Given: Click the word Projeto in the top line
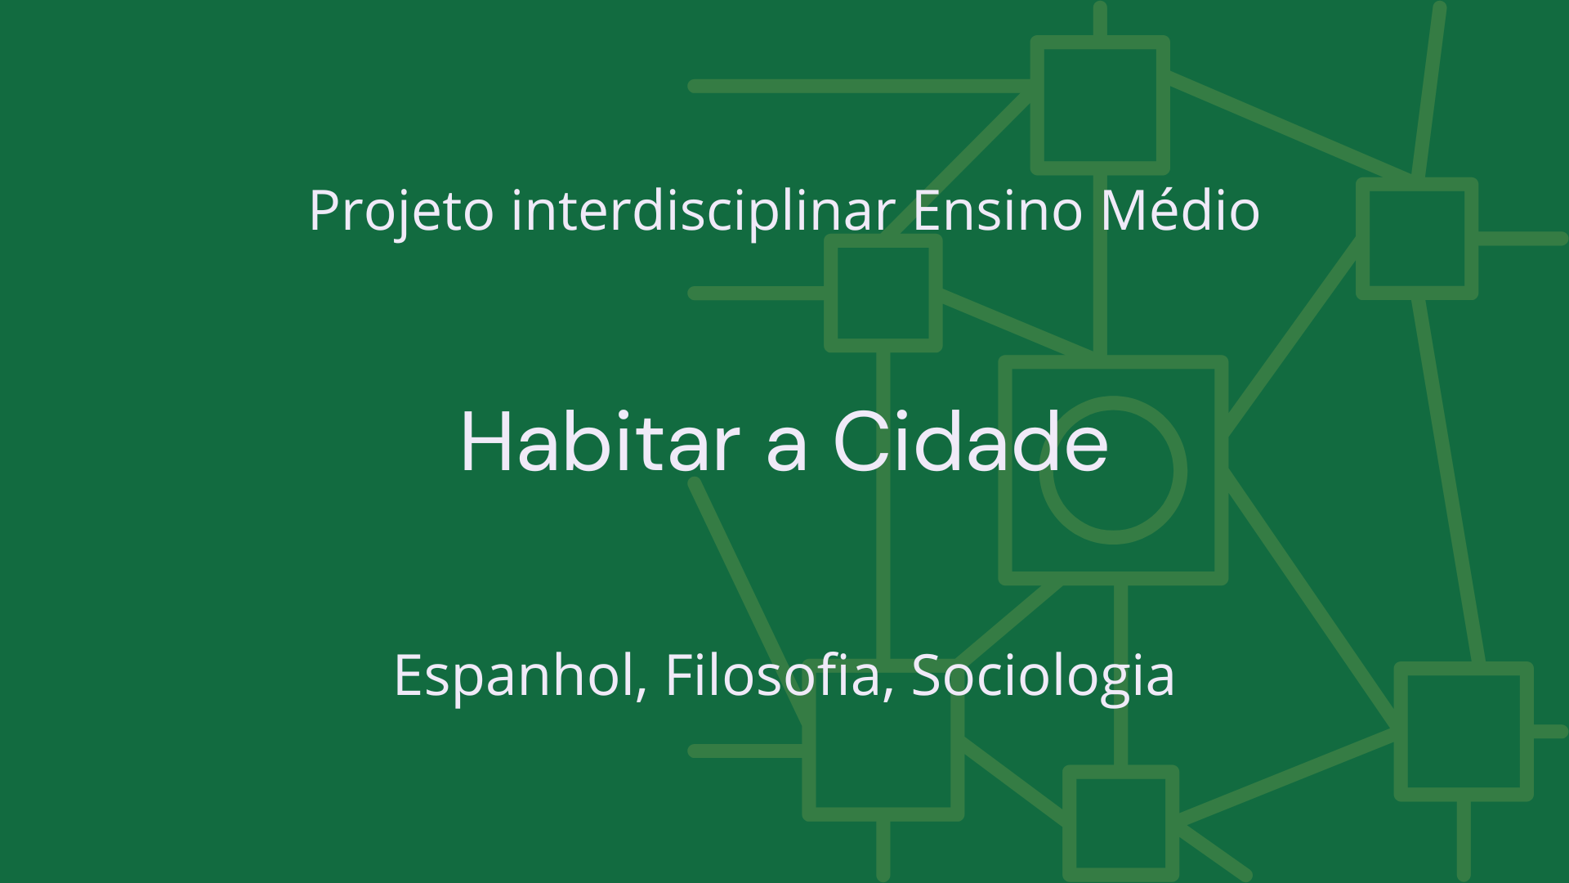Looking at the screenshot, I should [400, 211].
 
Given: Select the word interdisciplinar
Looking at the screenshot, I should [703, 211].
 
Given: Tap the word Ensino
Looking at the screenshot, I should [997, 211].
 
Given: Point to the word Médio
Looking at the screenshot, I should [1180, 211].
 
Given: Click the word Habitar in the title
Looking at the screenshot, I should [601, 442].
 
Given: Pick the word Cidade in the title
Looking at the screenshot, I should [971, 442].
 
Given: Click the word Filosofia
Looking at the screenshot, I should [772, 676].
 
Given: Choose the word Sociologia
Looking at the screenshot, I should [1043, 676].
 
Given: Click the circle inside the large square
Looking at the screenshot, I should [1113, 470].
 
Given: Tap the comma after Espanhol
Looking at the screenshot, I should [642, 693].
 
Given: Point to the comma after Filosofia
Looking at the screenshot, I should [888, 693].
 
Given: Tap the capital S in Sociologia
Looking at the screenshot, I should [927, 676].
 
